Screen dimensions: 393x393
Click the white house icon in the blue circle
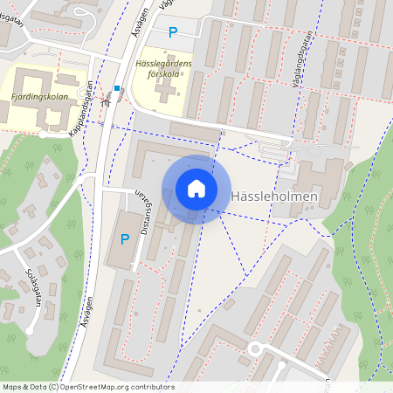(196, 189)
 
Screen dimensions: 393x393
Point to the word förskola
(162, 74)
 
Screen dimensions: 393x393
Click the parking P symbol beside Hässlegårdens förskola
(172, 32)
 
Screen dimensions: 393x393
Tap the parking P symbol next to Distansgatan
(124, 238)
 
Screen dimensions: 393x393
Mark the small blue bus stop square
(117, 88)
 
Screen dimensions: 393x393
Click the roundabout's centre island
(256, 350)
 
